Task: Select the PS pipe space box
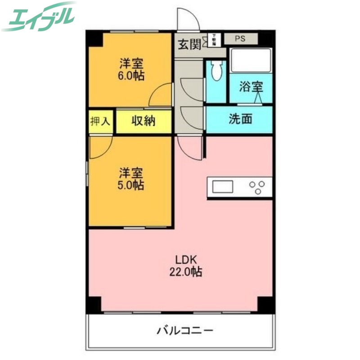click(x=240, y=39)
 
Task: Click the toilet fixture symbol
click(x=217, y=71)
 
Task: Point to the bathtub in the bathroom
click(x=251, y=60)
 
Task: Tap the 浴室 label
click(x=250, y=87)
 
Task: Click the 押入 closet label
click(x=100, y=121)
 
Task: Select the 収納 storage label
click(x=143, y=121)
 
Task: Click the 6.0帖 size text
click(x=131, y=75)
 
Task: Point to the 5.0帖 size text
click(x=131, y=184)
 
